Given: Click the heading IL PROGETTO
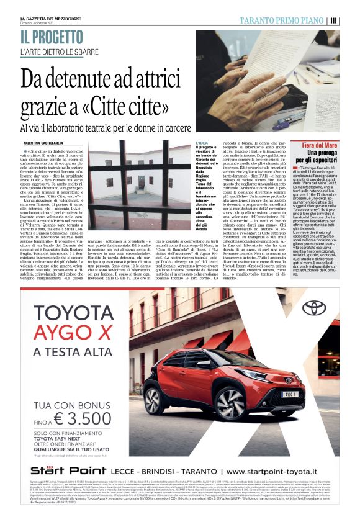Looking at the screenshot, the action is click(55, 37).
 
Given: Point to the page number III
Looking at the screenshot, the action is click(334, 20).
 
